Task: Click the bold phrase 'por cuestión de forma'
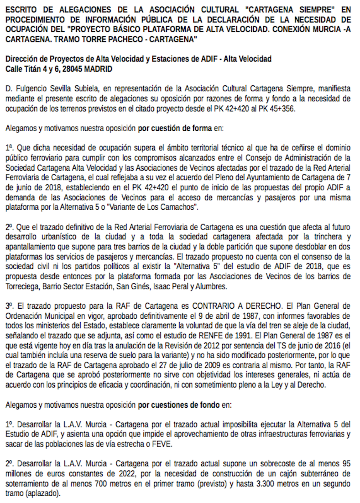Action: tap(175, 128)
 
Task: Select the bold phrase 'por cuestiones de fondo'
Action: tap(179, 405)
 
